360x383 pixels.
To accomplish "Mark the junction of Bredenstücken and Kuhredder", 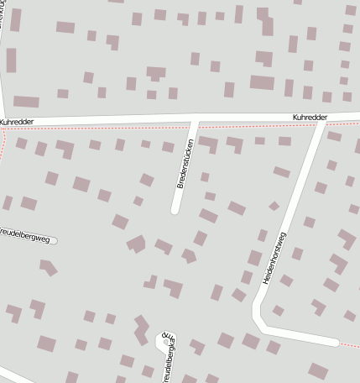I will (x=195, y=121).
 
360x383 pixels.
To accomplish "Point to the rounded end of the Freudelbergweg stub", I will (x=54, y=241).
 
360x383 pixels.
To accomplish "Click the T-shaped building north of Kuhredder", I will (x=156, y=74).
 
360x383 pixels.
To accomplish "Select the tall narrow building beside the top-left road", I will (x=12, y=60).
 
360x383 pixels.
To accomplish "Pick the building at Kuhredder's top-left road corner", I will (x=26, y=102).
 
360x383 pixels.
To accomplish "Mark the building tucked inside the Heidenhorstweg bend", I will (x=278, y=311).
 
